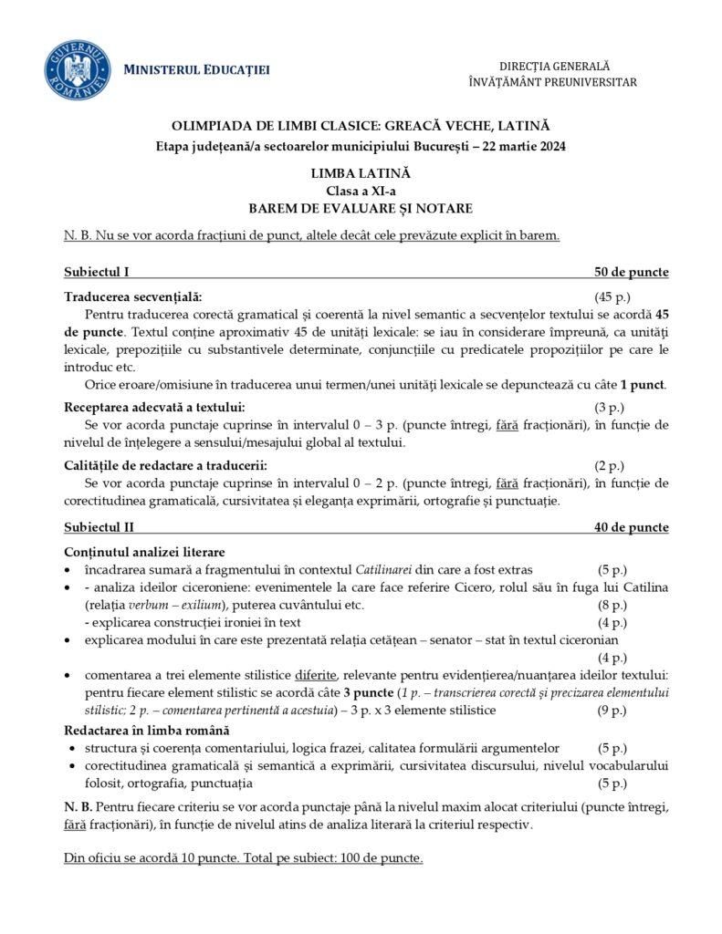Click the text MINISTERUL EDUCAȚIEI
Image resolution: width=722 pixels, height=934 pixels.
[196, 71]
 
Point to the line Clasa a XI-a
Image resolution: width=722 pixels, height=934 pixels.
[361, 190]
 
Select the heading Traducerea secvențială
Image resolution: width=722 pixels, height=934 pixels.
[133, 296]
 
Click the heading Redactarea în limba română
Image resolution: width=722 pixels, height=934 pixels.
[147, 730]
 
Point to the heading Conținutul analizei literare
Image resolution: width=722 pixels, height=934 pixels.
[144, 552]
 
